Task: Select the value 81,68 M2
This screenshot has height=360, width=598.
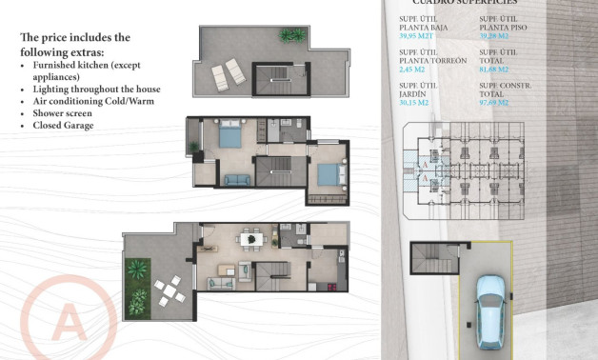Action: [495, 69]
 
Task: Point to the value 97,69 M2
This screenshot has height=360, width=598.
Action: [495, 103]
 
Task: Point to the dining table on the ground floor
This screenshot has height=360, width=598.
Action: [251, 238]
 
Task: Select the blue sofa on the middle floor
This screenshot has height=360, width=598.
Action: [235, 177]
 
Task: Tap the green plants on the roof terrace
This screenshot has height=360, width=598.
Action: [292, 36]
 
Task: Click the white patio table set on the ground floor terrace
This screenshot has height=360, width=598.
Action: [169, 289]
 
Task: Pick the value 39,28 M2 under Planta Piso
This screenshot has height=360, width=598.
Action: [495, 35]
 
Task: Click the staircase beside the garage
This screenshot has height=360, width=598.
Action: [422, 256]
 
